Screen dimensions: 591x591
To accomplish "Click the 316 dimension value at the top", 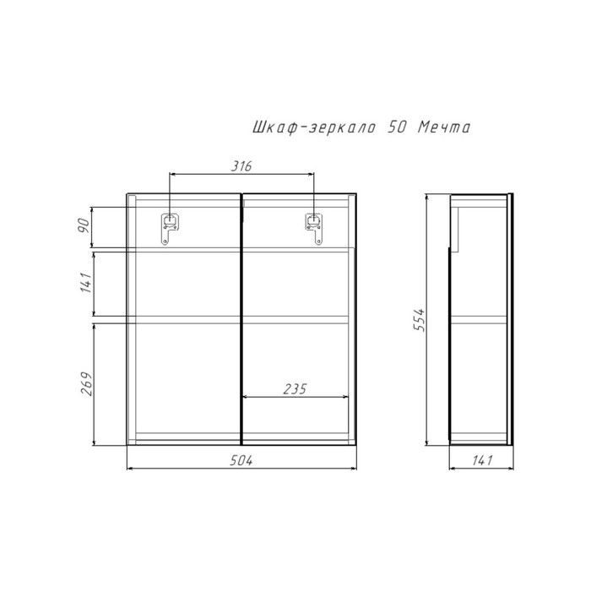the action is (241, 166).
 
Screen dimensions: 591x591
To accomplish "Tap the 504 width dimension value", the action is (241, 460).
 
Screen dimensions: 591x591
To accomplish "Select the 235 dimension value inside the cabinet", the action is (295, 388).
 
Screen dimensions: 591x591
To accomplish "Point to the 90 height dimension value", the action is (84, 225).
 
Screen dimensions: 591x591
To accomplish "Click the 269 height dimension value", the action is (86, 383).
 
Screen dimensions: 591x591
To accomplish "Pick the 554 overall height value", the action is (419, 320).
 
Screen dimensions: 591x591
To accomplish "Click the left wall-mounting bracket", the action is (170, 229).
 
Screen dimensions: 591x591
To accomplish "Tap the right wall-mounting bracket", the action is (313, 229).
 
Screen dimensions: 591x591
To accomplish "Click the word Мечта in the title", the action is (444, 127).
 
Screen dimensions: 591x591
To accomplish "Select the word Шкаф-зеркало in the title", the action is (313, 127).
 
